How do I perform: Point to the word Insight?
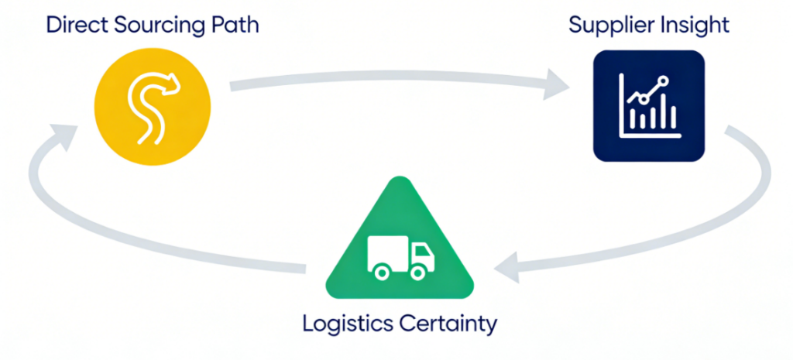tap(695, 25)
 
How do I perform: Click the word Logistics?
tap(345, 323)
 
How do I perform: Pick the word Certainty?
tap(450, 323)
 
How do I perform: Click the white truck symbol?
tap(397, 256)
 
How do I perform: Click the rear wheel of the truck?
tap(379, 272)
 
